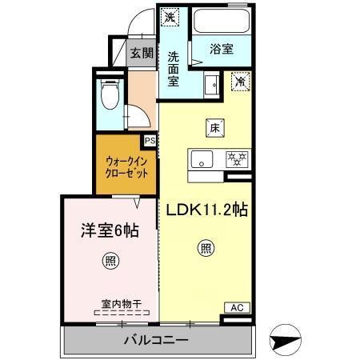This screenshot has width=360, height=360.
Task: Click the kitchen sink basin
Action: click(202, 157)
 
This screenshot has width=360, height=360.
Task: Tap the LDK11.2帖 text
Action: click(206, 210)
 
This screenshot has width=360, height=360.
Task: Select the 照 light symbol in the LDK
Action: click(206, 248)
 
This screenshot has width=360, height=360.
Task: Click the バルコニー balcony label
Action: click(156, 342)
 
